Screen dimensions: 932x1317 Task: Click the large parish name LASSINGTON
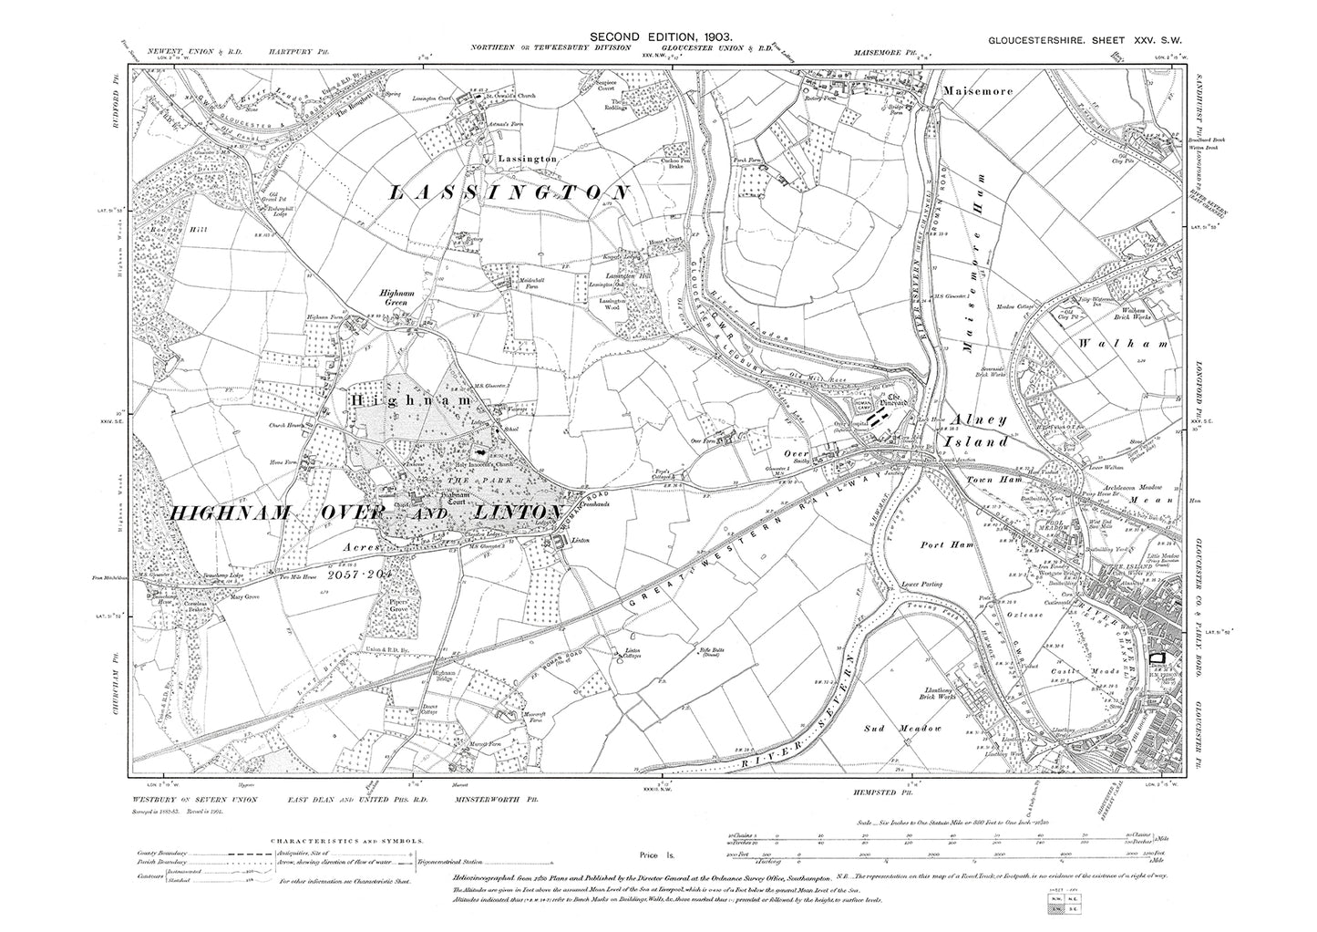[509, 193]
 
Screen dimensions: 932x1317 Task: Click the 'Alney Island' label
[979, 430]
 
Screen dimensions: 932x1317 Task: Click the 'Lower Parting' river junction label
[921, 583]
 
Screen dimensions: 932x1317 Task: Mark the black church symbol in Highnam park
[478, 450]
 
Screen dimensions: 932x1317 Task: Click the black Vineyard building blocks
[878, 417]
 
